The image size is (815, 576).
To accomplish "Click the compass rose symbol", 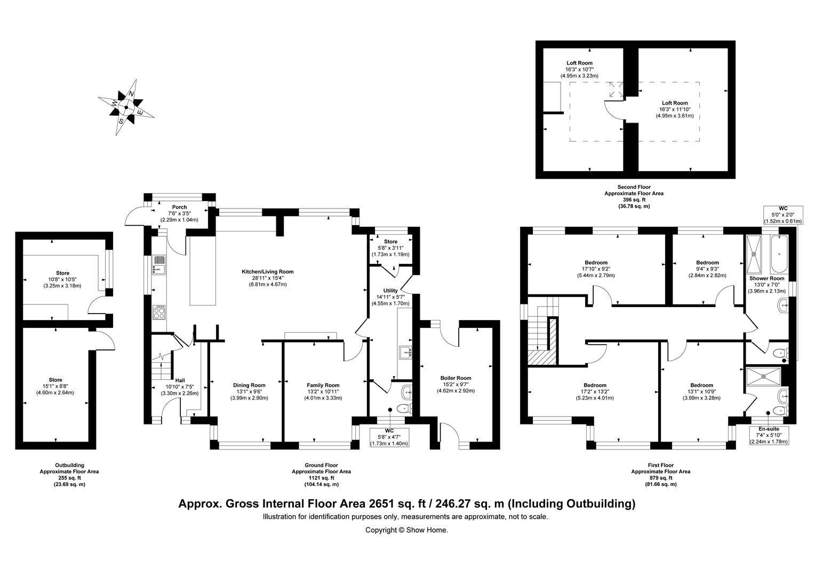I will (x=126, y=107).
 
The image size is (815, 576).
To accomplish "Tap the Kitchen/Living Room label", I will (x=267, y=278).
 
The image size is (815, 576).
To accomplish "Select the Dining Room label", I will (x=249, y=391).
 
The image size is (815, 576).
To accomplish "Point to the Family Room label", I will (x=323, y=391).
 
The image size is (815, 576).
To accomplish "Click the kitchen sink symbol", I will (x=159, y=264).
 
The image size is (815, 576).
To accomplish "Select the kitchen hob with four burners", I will (x=159, y=312).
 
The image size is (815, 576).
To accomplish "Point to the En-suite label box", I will (x=769, y=435).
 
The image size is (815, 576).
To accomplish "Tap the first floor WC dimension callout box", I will (x=783, y=214).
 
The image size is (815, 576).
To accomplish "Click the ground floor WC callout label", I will (x=389, y=437).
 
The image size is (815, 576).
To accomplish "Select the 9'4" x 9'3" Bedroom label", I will (x=707, y=269).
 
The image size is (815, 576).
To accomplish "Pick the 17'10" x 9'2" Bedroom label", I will (x=596, y=269).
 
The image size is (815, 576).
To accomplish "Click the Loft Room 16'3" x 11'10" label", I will (x=675, y=109).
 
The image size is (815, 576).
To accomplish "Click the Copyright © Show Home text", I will (x=406, y=530).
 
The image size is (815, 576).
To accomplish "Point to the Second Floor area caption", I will (x=634, y=196).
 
